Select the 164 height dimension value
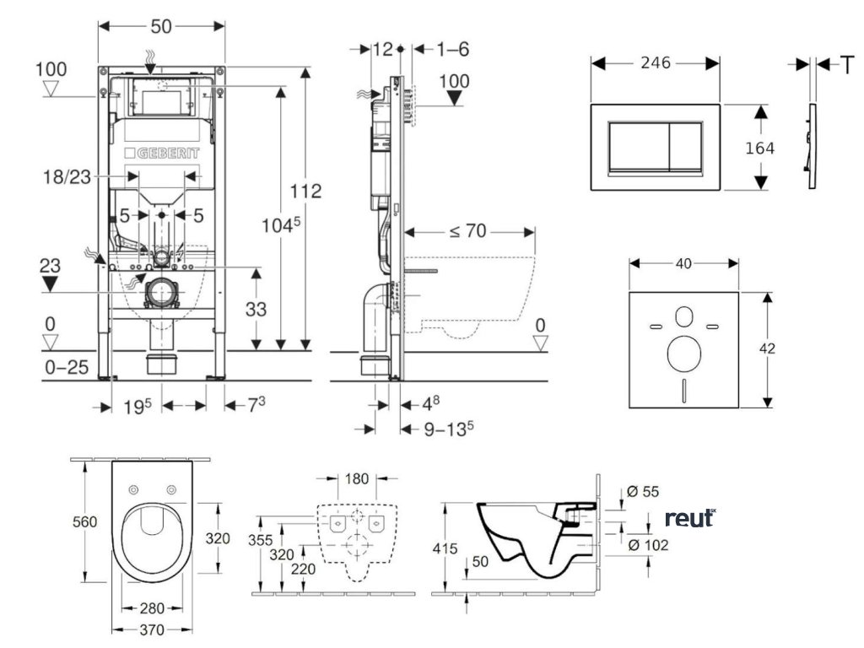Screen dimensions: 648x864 click(759, 147)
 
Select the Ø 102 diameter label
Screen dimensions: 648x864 click(649, 545)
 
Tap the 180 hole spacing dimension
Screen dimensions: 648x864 click(358, 480)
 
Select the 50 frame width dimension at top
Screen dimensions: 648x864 click(162, 26)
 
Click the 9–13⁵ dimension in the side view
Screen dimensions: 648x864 click(448, 429)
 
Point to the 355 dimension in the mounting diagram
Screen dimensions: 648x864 click(262, 539)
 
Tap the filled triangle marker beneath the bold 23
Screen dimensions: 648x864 click(51, 283)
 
